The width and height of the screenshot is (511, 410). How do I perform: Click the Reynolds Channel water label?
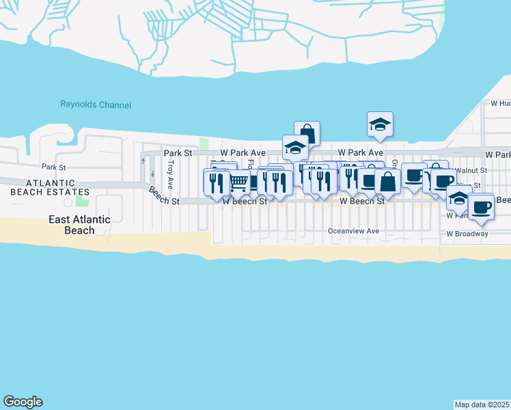(x=96, y=105)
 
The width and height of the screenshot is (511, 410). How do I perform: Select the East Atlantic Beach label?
(x=81, y=225)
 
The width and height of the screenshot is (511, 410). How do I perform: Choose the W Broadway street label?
(x=467, y=234)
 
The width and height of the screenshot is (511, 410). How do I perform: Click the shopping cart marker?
(x=238, y=182)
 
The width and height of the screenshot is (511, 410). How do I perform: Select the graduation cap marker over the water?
(x=380, y=124)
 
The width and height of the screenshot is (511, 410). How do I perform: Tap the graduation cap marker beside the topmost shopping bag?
(x=295, y=148)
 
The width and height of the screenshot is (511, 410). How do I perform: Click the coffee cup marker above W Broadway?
(x=481, y=206)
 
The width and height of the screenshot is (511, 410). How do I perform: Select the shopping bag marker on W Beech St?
(x=387, y=182)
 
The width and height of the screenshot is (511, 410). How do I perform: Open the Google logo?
(x=23, y=402)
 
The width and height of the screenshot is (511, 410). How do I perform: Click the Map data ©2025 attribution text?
(x=482, y=405)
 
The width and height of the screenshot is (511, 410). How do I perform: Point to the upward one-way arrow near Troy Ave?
(x=143, y=161)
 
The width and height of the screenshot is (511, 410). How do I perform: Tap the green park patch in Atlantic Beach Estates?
(x=83, y=200)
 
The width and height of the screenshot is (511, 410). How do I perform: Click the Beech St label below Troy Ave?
(x=165, y=202)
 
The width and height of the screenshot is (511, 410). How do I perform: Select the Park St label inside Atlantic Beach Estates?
(x=53, y=167)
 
